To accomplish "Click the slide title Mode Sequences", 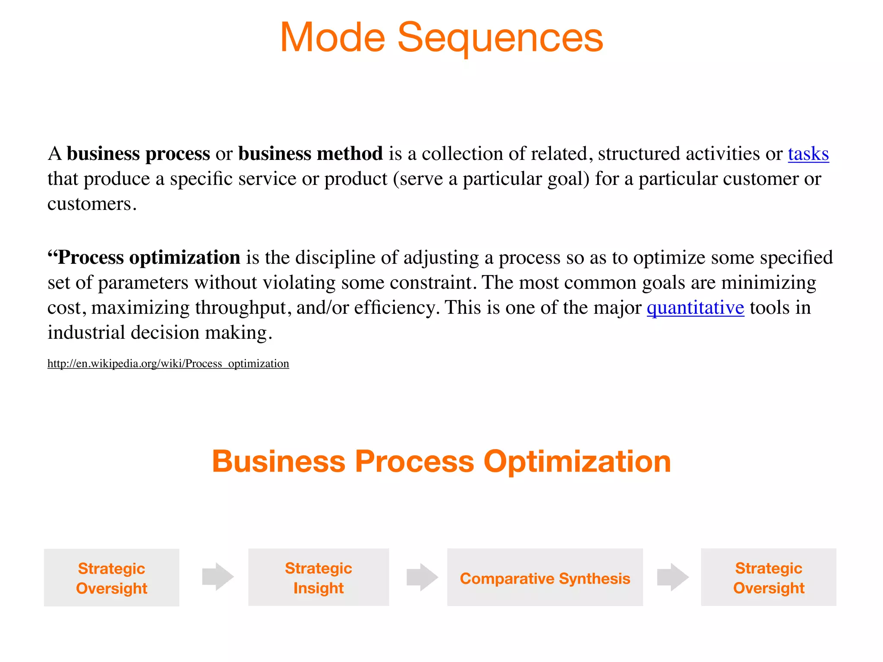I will [x=441, y=38].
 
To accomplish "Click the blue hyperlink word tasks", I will [x=808, y=154].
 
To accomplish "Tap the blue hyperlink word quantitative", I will [x=695, y=308].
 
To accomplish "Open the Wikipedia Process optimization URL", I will [x=168, y=364].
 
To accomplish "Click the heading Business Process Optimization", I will [x=441, y=462].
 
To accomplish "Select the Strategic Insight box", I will [x=318, y=578].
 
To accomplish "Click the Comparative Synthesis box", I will [x=545, y=578].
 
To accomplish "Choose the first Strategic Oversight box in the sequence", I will [x=111, y=578].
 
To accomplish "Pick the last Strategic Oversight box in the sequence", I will [x=768, y=578].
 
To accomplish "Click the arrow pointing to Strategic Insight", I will [x=218, y=577].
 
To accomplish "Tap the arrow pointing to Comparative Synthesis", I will [x=422, y=577].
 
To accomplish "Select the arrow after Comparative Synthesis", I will [x=673, y=577].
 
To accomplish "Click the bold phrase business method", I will [x=310, y=154].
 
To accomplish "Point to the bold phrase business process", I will [x=138, y=154].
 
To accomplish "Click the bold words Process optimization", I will [x=148, y=258].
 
